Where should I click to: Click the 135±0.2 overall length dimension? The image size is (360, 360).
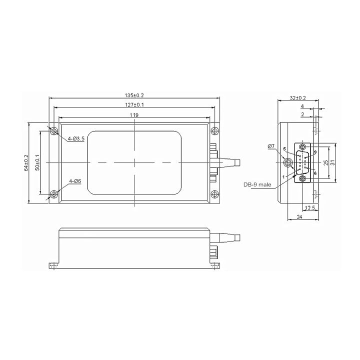point(134,95)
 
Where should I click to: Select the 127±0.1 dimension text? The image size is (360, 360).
point(134,104)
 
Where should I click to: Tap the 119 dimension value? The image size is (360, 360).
point(134,115)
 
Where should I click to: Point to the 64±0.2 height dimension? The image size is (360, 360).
point(26,163)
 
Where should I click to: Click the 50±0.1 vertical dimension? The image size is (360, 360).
point(37,162)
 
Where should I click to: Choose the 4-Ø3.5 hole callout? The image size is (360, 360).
point(76,138)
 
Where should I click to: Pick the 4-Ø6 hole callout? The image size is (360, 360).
point(75,181)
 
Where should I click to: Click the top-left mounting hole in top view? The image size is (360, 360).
point(54,131)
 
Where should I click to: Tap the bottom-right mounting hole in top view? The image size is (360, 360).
point(214,194)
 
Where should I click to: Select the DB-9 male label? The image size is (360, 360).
point(257,184)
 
